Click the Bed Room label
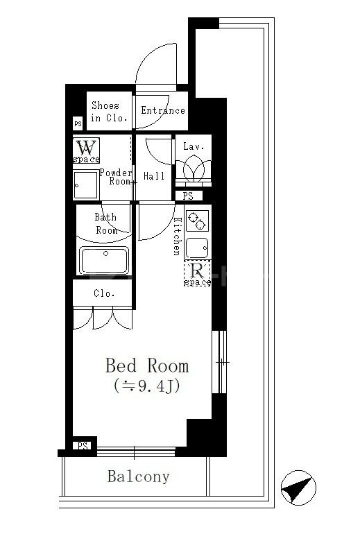pyautogui.click(x=146, y=365)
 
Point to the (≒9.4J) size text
pyautogui.click(x=144, y=386)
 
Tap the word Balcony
pyautogui.click(x=138, y=477)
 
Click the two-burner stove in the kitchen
pyautogui.click(x=197, y=221)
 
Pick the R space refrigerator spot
pyautogui.click(x=197, y=273)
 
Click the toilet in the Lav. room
pyautogui.click(x=192, y=169)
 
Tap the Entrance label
pyautogui.click(x=163, y=110)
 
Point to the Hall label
pyautogui.click(x=153, y=176)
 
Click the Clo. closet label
pyautogui.click(x=104, y=293)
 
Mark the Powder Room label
pyautogui.click(x=115, y=177)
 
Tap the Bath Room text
pyautogui.click(x=106, y=223)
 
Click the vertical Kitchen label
pyautogui.click(x=177, y=236)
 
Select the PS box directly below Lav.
pyautogui.click(x=188, y=196)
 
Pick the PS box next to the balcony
pyautogui.click(x=83, y=445)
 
